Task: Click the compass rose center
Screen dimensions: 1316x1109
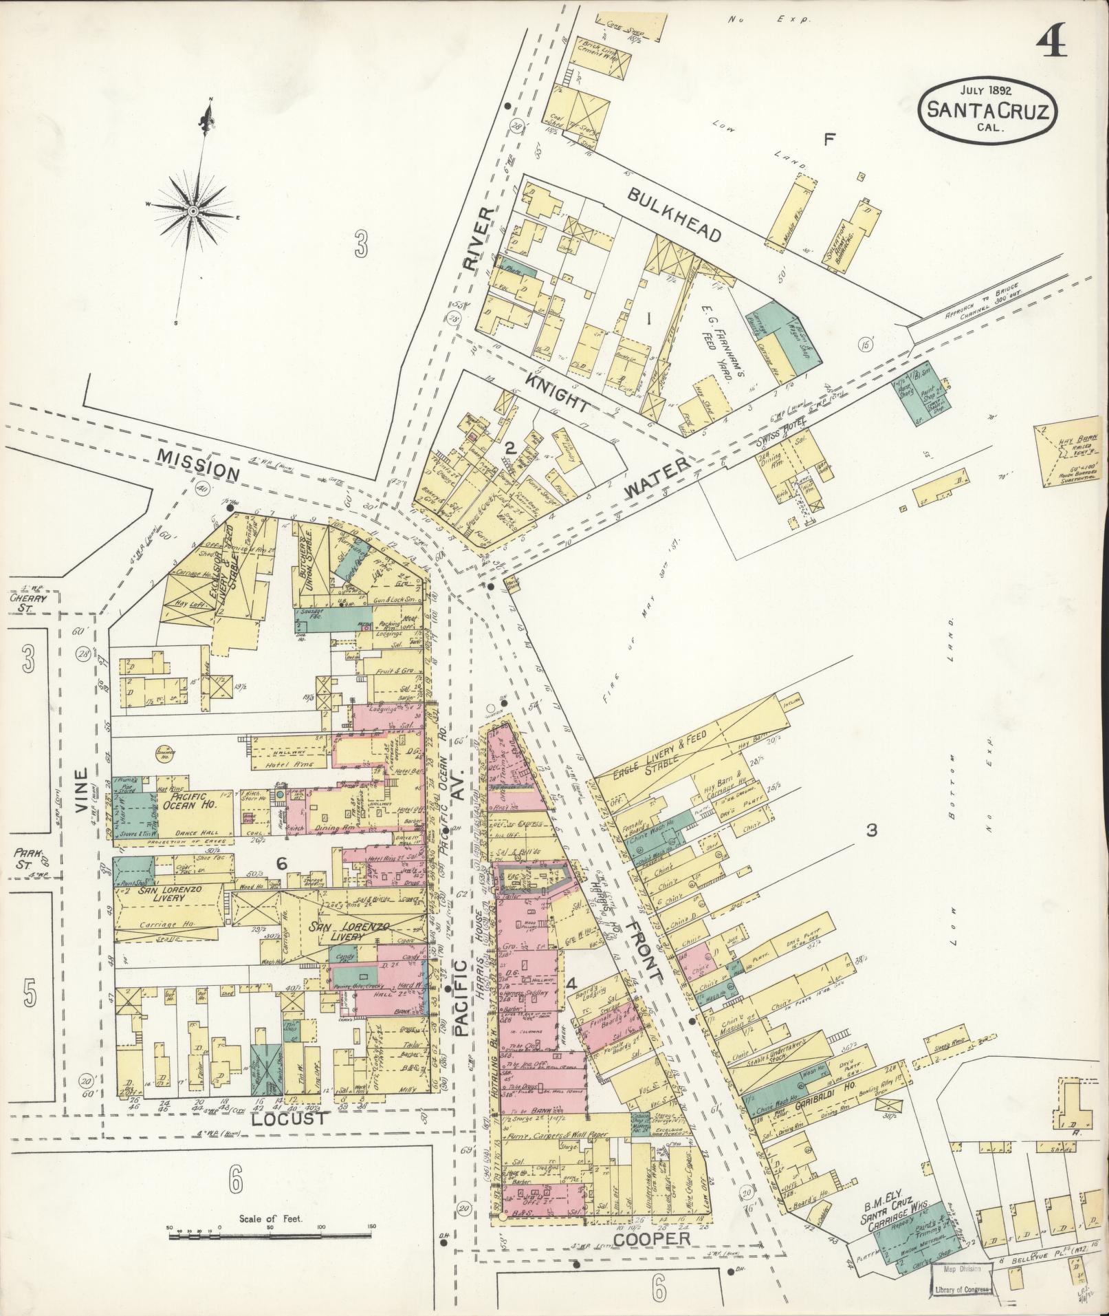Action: [x=194, y=210]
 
